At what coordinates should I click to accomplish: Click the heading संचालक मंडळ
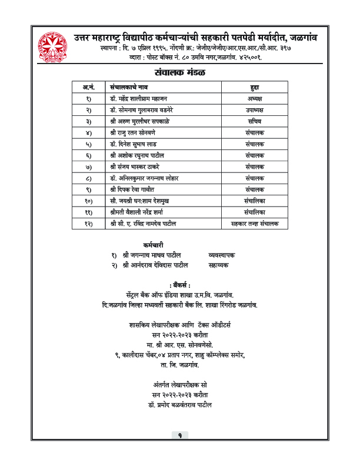click(x=180, y=73)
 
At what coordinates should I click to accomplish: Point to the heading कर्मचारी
click(x=153, y=244)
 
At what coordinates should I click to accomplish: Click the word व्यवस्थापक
click(x=222, y=255)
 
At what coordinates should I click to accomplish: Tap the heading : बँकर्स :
click(x=179, y=285)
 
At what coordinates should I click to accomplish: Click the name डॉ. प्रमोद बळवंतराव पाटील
click(x=180, y=405)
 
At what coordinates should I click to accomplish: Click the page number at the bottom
click(x=180, y=435)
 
